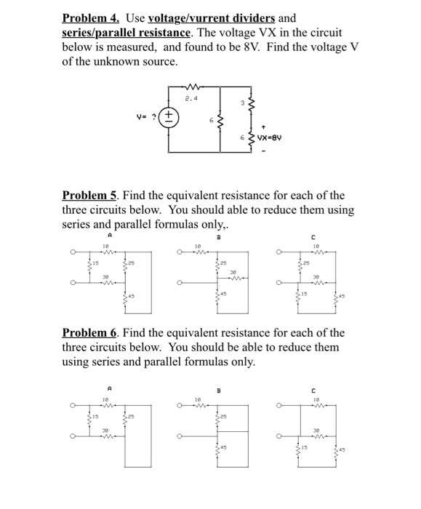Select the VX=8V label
(273, 135)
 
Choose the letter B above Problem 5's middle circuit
(217, 236)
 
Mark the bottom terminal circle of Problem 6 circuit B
(178, 437)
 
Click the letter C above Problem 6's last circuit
(314, 388)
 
